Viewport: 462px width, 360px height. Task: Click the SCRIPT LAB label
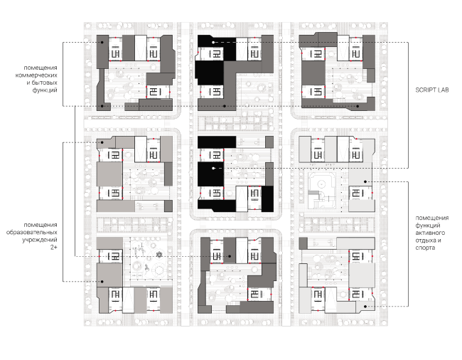(x=432, y=90)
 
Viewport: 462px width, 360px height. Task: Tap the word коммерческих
(x=36, y=75)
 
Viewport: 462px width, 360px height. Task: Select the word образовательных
(x=32, y=233)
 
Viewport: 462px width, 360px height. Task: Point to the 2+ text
(x=53, y=247)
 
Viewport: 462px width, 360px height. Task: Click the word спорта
(x=425, y=248)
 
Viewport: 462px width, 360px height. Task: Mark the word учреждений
(x=40, y=240)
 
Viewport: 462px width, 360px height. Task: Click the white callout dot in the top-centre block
(x=213, y=43)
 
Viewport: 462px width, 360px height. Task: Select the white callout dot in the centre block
(x=213, y=169)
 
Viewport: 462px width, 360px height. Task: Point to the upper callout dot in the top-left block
(x=102, y=43)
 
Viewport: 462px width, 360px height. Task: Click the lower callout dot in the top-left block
(x=102, y=106)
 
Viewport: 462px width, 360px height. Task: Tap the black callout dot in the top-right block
(x=358, y=106)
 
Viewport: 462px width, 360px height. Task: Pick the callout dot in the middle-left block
(x=102, y=142)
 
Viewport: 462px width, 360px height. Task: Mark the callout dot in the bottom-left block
(x=102, y=282)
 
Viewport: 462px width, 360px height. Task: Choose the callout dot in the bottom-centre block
(x=230, y=257)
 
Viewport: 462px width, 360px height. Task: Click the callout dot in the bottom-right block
(x=365, y=307)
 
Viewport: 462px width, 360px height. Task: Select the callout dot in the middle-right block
(x=365, y=181)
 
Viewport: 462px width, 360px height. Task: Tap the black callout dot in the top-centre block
(x=225, y=106)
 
